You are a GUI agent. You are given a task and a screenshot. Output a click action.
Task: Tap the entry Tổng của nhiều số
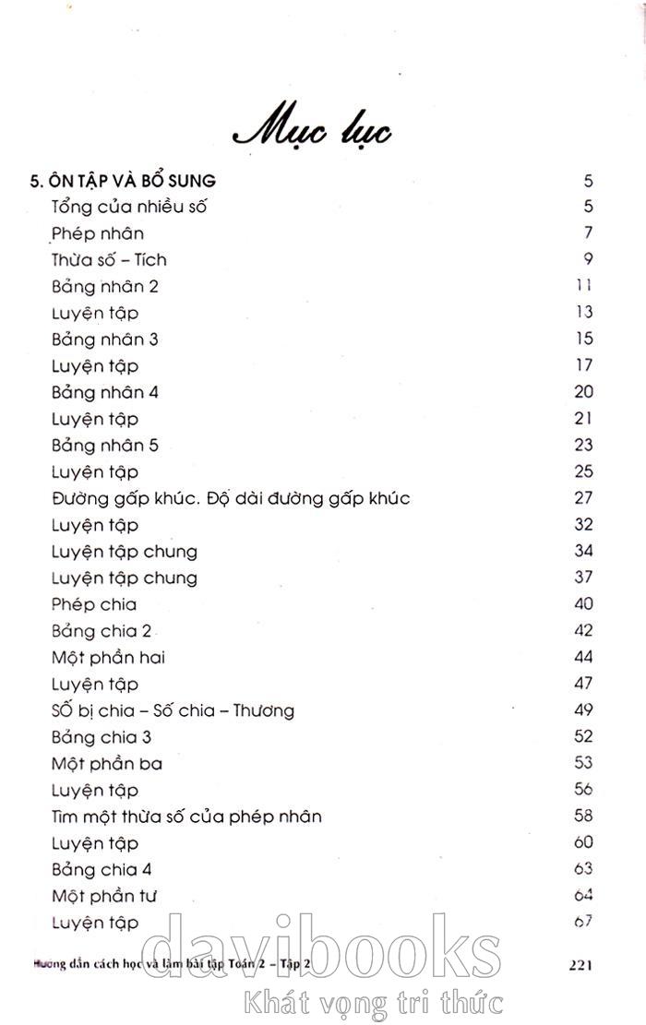pos(129,207)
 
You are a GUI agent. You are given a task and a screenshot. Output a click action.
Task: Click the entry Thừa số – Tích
pos(109,260)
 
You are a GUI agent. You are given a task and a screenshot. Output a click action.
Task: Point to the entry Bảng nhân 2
pos(105,286)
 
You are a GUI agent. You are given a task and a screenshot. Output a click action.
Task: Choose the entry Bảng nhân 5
pos(105,446)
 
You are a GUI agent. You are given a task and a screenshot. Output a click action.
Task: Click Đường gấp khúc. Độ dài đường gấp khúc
pos(231,499)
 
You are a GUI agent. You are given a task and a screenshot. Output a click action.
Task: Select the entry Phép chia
pos(94,604)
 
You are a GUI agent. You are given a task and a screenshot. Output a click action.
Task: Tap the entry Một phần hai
pos(108,658)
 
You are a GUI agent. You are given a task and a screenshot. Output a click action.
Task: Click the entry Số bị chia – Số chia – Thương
pos(173,710)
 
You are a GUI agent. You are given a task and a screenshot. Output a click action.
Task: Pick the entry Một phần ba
pos(107,764)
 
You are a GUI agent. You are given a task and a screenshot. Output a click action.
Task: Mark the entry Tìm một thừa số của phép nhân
pos(186,816)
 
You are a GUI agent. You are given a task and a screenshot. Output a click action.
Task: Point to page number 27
pos(583,498)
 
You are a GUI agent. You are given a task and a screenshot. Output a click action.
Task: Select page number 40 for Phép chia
pos(583,604)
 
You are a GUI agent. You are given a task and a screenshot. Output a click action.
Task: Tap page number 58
pos(583,816)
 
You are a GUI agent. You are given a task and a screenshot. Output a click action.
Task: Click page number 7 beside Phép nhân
pos(588,232)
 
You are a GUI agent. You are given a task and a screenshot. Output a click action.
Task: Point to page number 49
pos(583,709)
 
